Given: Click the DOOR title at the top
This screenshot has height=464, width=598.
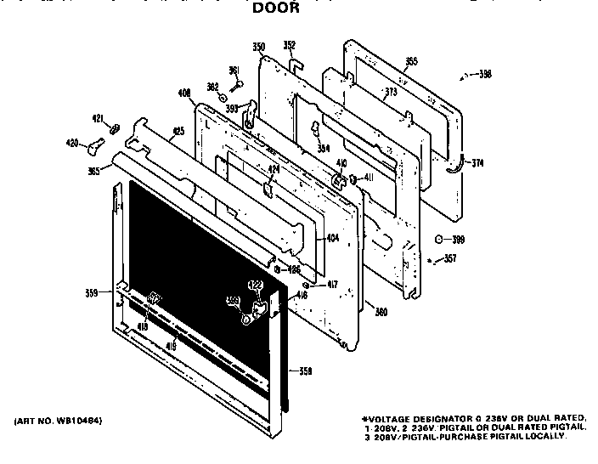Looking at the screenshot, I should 276,8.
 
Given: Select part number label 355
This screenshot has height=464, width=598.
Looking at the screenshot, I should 411,61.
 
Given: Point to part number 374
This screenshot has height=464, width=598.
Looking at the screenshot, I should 477,163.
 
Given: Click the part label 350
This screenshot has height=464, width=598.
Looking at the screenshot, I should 258,46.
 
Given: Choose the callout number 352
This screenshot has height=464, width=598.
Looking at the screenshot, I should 289,46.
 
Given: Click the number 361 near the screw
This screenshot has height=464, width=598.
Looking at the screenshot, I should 234,70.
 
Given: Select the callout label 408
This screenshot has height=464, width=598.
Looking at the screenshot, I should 183,93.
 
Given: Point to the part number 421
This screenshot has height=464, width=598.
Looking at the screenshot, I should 97,117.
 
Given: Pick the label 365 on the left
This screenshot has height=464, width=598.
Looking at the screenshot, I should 93,171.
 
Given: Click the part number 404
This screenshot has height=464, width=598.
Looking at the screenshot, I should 332,238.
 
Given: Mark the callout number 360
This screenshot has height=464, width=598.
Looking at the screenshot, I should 381,311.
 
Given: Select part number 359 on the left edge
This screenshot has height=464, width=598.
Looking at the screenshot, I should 92,293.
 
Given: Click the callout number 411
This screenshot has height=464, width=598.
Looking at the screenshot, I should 369,178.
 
